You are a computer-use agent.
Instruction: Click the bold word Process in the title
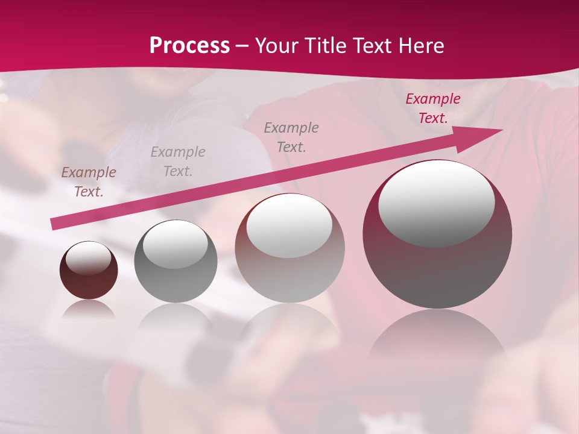(x=189, y=46)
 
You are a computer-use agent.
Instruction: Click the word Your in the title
(x=278, y=46)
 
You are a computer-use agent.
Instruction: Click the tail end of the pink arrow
(x=54, y=224)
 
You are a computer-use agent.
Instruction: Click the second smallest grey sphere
(x=176, y=261)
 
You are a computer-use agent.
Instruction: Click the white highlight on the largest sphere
(x=436, y=202)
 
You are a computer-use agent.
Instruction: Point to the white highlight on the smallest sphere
(x=88, y=258)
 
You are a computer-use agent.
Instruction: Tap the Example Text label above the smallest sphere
(x=89, y=182)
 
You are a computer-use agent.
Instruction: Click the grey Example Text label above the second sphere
(x=178, y=161)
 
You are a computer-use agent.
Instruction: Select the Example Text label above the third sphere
(x=291, y=137)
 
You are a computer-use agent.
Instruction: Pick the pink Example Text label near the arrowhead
(x=433, y=108)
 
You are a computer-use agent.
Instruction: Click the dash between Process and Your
(x=242, y=46)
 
